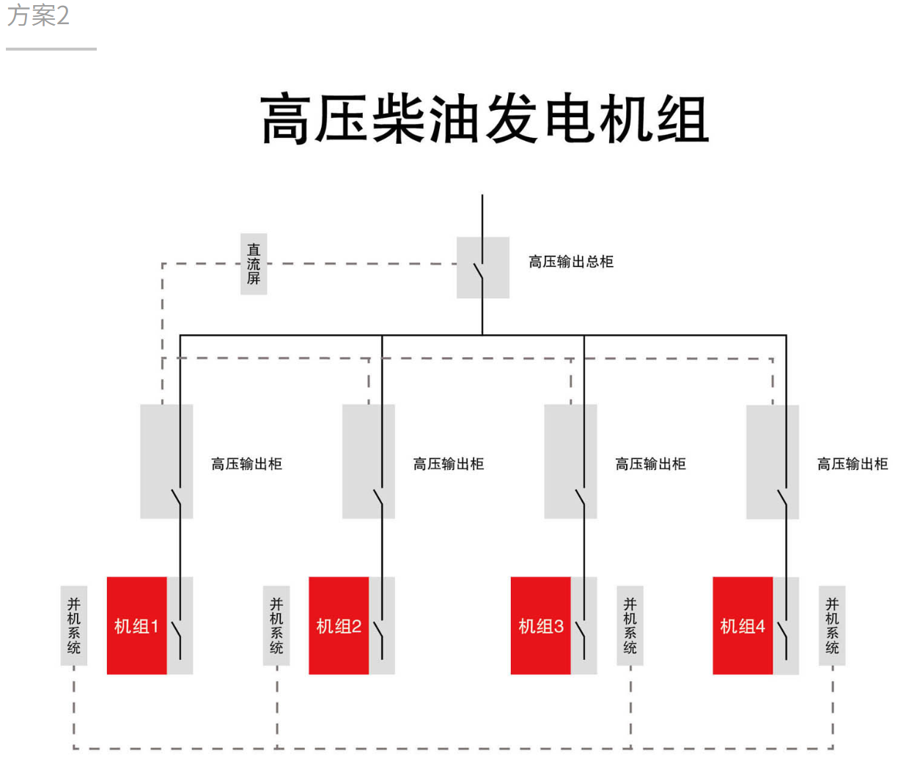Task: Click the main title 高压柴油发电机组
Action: pyautogui.click(x=485, y=119)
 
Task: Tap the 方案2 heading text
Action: pyautogui.click(x=38, y=15)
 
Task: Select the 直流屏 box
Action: pyautogui.click(x=254, y=264)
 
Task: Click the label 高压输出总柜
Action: pyautogui.click(x=571, y=262)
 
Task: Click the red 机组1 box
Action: pyautogui.click(x=136, y=625)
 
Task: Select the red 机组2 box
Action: pyautogui.click(x=339, y=625)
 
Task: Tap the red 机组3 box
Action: pyautogui.click(x=540, y=625)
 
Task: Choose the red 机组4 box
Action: pyautogui.click(x=743, y=625)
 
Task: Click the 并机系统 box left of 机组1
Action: pyautogui.click(x=74, y=625)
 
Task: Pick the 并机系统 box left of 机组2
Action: pyautogui.click(x=276, y=625)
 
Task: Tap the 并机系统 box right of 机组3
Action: pyautogui.click(x=630, y=625)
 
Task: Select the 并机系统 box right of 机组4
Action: pyautogui.click(x=832, y=625)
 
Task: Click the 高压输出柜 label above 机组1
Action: pyautogui.click(x=246, y=464)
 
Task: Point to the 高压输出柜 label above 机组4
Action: pyautogui.click(x=853, y=464)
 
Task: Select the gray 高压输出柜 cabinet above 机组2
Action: pyautogui.click(x=368, y=461)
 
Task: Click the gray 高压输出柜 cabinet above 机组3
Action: pyautogui.click(x=570, y=461)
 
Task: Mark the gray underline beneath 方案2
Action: pyautogui.click(x=51, y=49)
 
